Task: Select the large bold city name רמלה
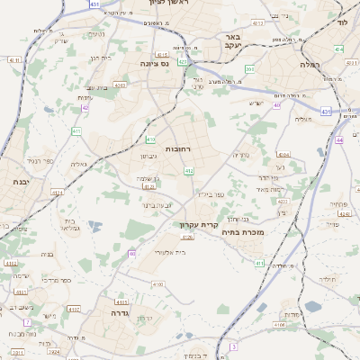point(294,65)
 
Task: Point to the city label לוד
point(342,22)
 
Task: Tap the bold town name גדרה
point(114,316)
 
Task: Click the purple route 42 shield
point(85,108)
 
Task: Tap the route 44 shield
point(338,139)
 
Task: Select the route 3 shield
point(232,346)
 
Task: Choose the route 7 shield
point(27,321)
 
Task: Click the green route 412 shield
point(189,170)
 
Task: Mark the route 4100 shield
point(158,284)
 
